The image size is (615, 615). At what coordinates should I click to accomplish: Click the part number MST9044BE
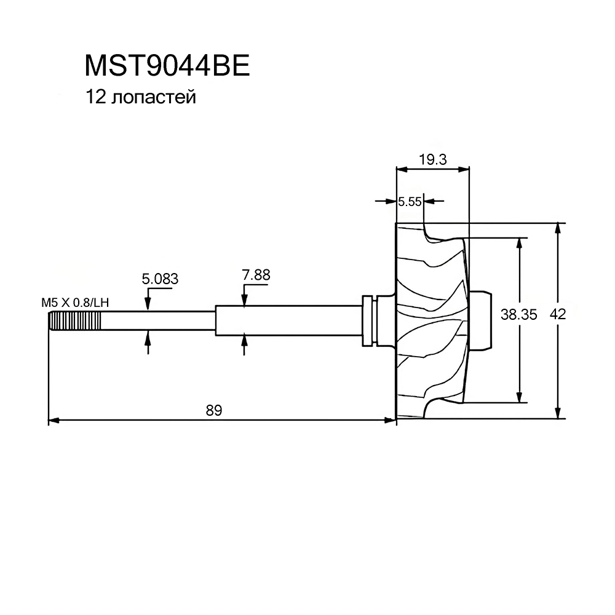point(167,66)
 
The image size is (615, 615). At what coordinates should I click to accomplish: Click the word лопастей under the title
point(154,97)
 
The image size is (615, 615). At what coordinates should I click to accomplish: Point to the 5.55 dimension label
point(410,200)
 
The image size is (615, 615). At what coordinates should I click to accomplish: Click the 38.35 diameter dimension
point(519,315)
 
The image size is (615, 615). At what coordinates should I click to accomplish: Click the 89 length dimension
point(213,410)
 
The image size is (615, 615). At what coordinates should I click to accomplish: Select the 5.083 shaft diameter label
point(160,279)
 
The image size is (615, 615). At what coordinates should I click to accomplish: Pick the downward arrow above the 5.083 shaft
point(148,304)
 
